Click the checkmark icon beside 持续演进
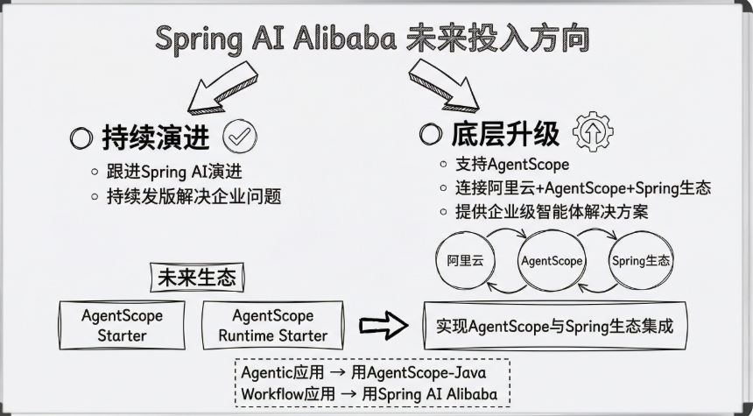tap(240, 137)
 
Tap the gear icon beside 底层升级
tap(593, 131)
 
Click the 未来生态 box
tap(197, 278)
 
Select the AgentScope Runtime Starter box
tap(273, 325)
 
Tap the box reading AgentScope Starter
tap(122, 325)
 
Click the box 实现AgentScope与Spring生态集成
tap(555, 326)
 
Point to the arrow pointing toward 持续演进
tap(222, 88)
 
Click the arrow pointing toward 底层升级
tap(443, 86)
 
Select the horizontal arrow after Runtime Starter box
tap(384, 326)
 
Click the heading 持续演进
tap(156, 137)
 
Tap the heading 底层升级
tap(505, 133)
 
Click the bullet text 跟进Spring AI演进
tap(174, 172)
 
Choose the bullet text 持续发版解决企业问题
tap(194, 196)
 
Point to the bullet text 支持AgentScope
tap(512, 165)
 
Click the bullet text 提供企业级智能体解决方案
tap(552, 211)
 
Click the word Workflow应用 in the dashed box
tap(288, 394)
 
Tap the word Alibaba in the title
tap(345, 39)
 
